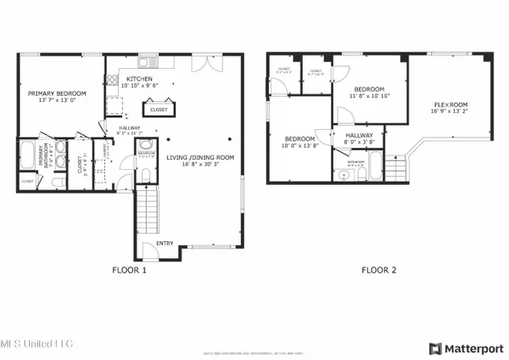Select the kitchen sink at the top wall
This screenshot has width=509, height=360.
point(149,61)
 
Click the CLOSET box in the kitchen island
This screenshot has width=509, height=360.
point(159,109)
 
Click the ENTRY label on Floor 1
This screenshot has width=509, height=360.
point(165,244)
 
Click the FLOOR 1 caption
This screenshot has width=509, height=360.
point(129,270)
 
